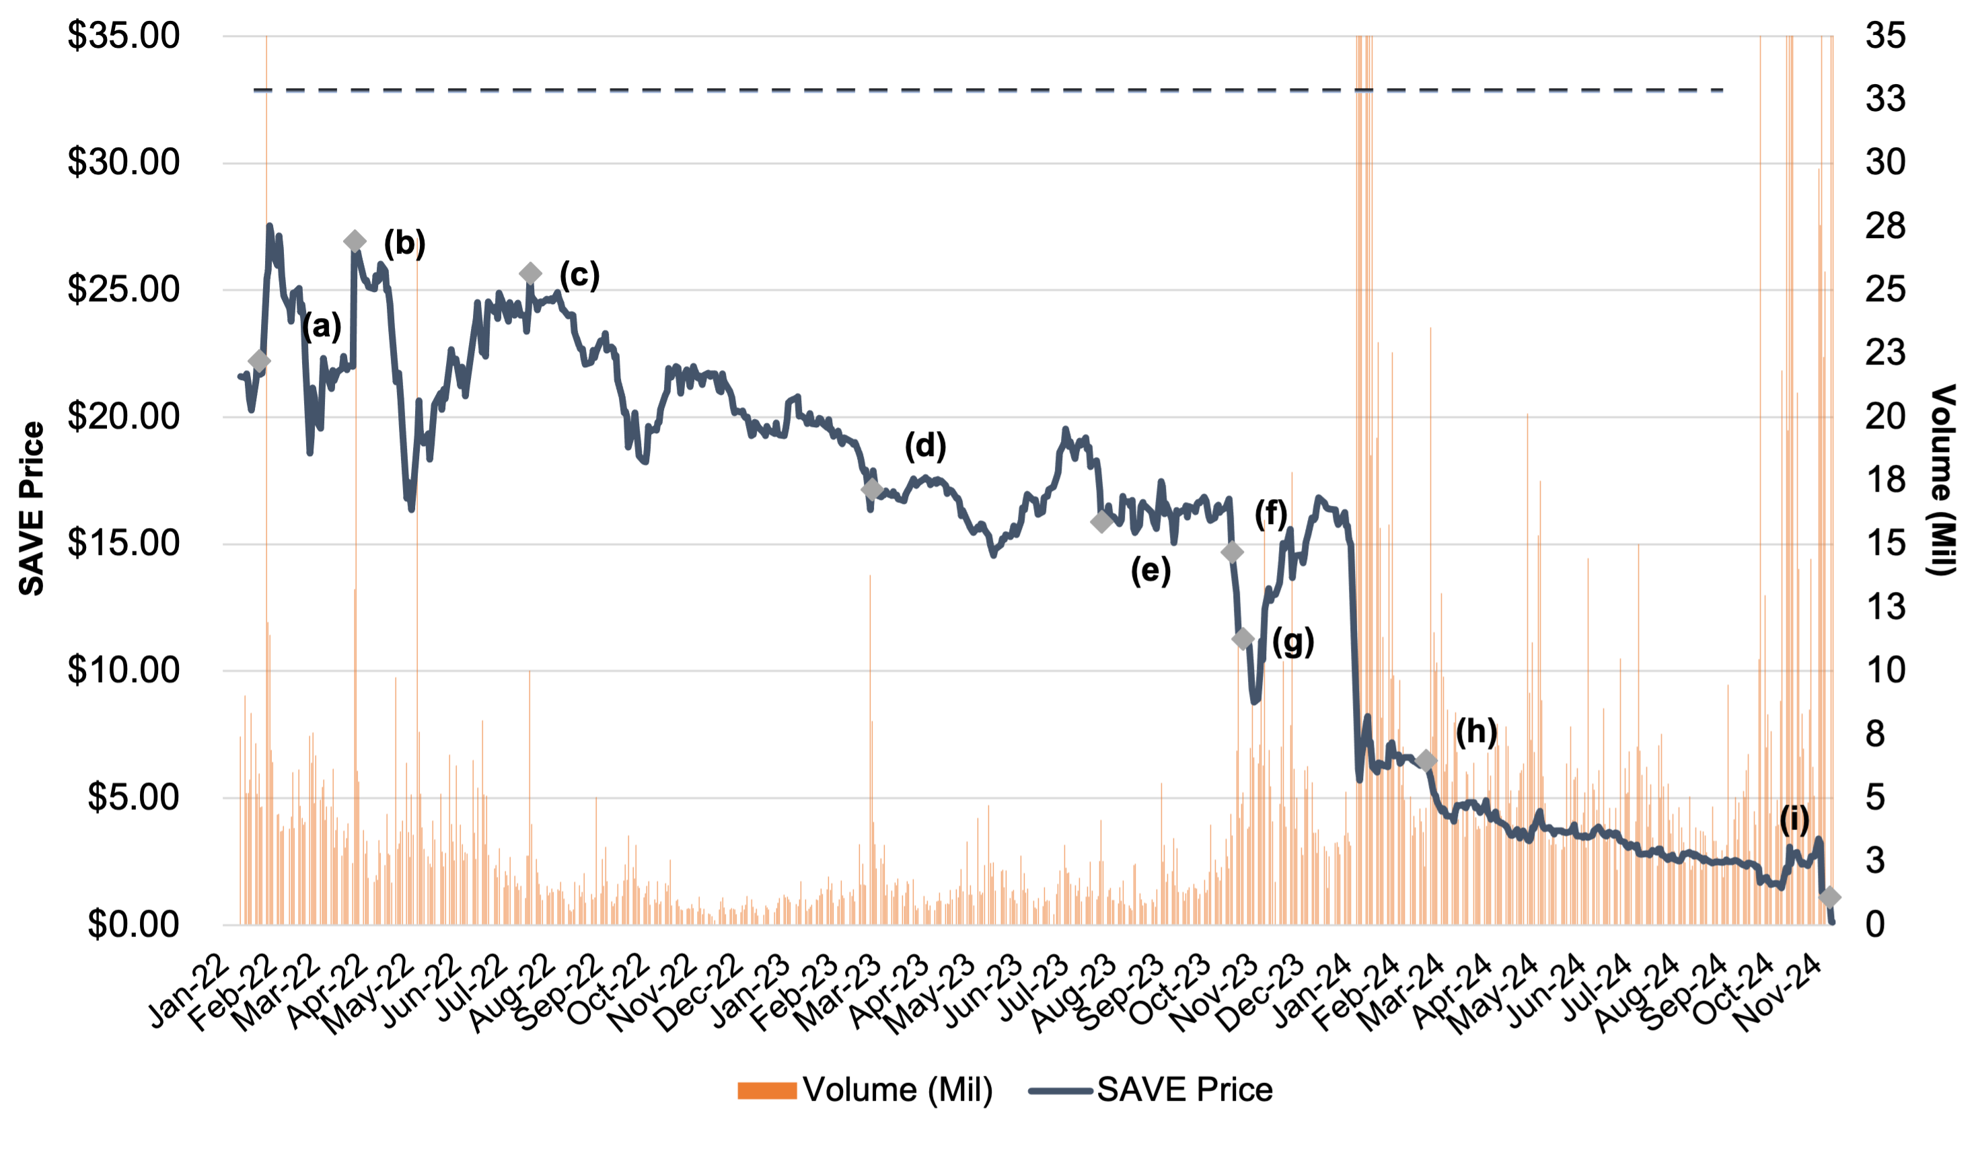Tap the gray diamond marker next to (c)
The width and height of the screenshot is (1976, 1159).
(530, 274)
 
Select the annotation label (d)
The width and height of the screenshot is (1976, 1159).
(925, 445)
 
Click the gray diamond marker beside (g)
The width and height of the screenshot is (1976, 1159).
(1242, 639)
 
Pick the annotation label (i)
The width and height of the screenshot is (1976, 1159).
(1794, 819)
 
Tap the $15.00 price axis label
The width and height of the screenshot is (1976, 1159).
(124, 544)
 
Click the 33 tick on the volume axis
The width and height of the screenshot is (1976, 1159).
(1885, 100)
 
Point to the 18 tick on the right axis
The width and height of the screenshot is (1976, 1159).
(1885, 480)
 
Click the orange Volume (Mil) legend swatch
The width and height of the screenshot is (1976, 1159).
(767, 1090)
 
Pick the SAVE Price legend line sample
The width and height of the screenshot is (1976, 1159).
(1060, 1090)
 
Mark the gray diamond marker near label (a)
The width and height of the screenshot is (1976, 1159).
(259, 361)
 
